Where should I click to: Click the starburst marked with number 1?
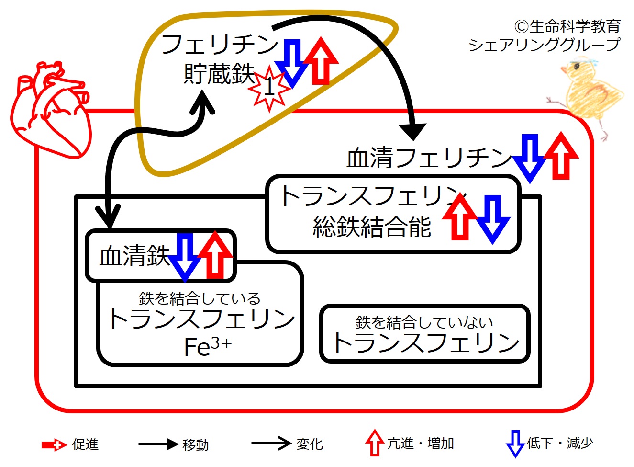click(x=269, y=88)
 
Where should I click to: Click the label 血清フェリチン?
click(x=429, y=158)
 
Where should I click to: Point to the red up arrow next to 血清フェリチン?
click(x=561, y=156)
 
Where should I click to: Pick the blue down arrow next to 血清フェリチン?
click(x=530, y=159)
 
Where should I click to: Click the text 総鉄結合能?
click(x=371, y=227)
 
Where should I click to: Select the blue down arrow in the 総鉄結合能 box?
click(x=493, y=220)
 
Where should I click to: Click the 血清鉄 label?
click(x=134, y=256)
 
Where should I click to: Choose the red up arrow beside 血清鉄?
click(x=215, y=255)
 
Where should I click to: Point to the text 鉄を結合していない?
click(x=424, y=322)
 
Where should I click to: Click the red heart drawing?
click(x=51, y=110)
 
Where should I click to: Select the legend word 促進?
click(x=85, y=444)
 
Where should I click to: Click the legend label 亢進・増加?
click(x=421, y=444)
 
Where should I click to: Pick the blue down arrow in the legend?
click(x=515, y=444)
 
